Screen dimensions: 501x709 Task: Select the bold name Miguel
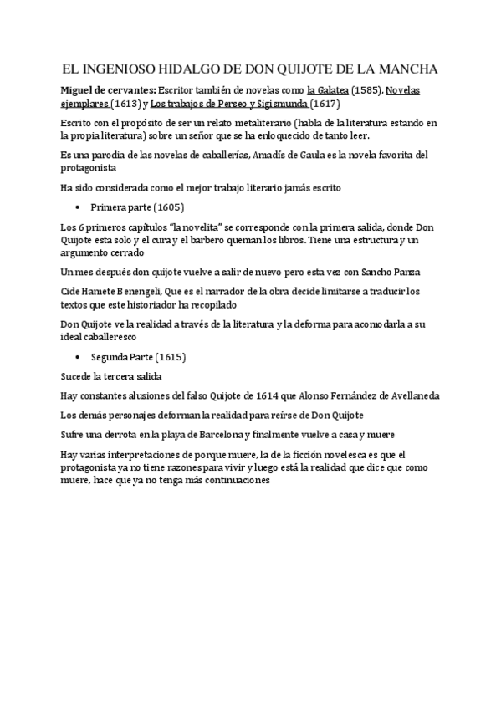click(81, 89)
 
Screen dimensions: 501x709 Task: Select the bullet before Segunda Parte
click(77, 357)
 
